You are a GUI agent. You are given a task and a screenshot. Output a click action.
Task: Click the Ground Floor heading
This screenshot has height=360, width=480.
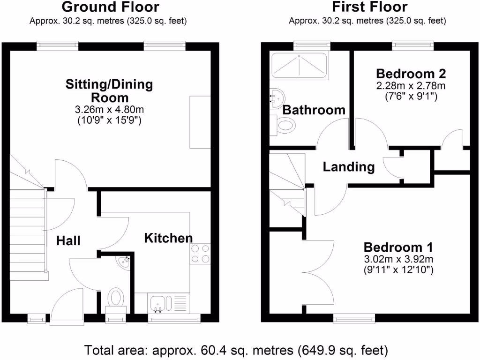[110, 7]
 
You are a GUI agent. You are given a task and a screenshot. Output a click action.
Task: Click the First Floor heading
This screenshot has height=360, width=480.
[370, 7]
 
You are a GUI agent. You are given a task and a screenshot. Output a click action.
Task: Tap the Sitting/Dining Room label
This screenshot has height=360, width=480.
[109, 91]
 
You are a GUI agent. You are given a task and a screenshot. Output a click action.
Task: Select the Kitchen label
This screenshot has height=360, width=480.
[168, 238]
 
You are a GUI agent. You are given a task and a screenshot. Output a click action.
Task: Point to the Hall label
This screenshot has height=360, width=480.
[68, 241]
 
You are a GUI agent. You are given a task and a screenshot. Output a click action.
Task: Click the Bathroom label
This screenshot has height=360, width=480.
[314, 110]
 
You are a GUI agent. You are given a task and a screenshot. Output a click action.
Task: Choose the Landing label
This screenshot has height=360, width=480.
[349, 167]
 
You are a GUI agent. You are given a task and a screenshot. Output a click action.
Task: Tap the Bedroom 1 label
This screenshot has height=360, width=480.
[398, 247]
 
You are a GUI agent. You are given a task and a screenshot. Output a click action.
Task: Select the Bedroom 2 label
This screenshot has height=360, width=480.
[411, 74]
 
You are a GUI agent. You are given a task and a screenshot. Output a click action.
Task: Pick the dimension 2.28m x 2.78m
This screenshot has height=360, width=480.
[411, 86]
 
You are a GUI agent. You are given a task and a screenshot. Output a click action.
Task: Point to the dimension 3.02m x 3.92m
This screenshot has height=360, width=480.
[398, 259]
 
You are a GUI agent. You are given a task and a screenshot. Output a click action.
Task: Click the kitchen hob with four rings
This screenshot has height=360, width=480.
[200, 254]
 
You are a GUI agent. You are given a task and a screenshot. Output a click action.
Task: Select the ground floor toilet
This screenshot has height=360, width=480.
[116, 298]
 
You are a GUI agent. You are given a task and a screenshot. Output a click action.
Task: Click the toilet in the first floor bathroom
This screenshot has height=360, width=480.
[285, 125]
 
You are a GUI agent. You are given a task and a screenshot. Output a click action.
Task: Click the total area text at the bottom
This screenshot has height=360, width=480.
[236, 350]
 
